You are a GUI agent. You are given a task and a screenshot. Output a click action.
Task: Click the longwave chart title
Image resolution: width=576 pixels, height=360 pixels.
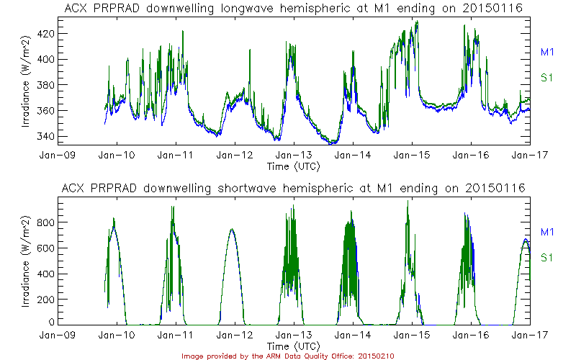tap(293, 8)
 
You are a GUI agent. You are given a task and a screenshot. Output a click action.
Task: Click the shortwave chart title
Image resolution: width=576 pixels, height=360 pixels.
tap(293, 188)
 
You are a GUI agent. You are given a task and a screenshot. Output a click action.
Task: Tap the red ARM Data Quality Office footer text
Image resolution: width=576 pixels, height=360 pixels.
tap(287, 356)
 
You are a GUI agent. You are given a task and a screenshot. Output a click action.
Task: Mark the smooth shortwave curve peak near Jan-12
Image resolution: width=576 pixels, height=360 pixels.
tap(232, 229)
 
